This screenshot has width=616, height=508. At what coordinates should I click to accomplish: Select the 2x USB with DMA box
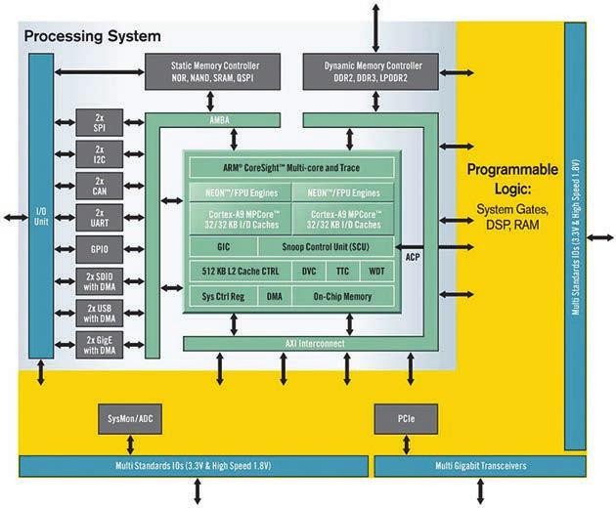99,313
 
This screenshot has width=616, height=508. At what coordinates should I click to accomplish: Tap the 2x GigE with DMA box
99,345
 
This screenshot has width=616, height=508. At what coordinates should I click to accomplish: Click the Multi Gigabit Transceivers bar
478,466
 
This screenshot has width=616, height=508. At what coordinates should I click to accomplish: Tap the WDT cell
376,271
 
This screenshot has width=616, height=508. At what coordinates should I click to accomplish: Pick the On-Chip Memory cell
342,295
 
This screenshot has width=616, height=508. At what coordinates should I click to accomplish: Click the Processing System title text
92,37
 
